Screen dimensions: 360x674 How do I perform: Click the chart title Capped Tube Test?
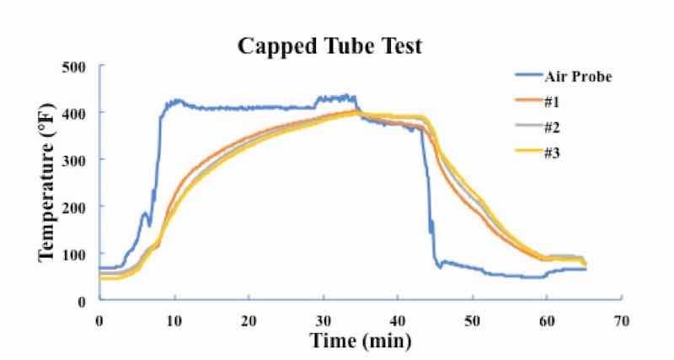(329, 46)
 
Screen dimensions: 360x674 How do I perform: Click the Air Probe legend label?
(580, 78)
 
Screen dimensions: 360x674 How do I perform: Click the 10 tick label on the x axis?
(174, 320)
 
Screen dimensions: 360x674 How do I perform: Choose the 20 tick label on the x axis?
(249, 320)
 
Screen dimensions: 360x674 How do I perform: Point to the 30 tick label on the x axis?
(324, 320)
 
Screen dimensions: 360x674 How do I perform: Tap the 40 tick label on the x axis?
(398, 320)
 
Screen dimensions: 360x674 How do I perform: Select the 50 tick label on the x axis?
(473, 320)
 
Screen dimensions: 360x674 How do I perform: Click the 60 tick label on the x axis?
(547, 320)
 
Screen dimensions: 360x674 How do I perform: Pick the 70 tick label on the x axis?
(622, 320)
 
